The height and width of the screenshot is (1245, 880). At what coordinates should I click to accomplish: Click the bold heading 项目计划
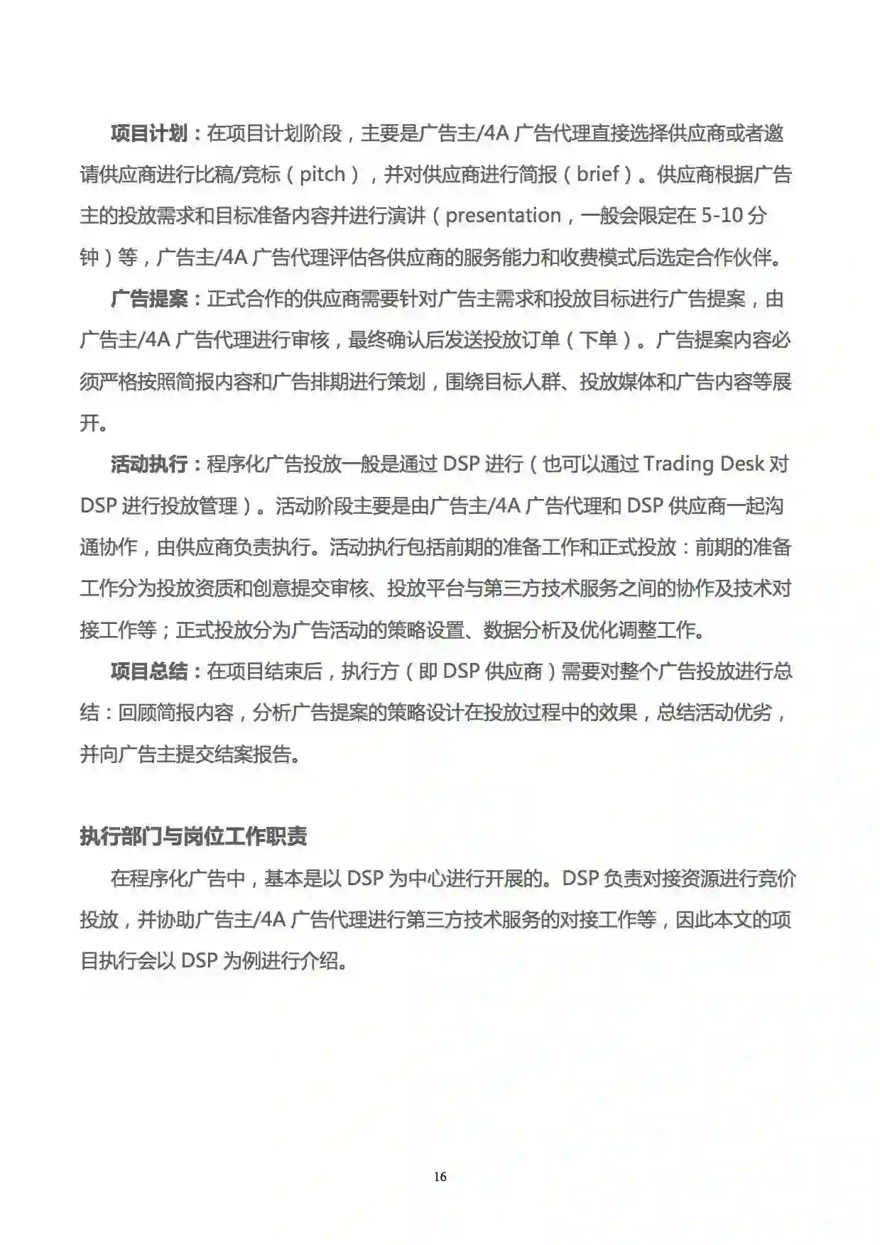click(148, 133)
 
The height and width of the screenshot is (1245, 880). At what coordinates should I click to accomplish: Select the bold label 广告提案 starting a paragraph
click(148, 299)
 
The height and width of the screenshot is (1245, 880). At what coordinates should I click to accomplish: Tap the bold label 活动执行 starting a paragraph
click(148, 464)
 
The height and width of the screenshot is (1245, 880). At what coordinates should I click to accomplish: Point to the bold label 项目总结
click(148, 671)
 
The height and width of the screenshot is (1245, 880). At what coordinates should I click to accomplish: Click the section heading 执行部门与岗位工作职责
click(193, 836)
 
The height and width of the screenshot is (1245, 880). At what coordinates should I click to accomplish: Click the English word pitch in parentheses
click(322, 175)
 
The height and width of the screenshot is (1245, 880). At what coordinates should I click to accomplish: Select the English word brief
click(597, 175)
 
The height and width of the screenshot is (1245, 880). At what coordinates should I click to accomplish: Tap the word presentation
click(503, 216)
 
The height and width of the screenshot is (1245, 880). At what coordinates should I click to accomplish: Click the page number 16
click(440, 1177)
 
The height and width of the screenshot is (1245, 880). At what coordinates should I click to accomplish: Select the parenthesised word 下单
click(598, 340)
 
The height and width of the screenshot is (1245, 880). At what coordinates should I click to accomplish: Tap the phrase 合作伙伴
click(732, 258)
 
